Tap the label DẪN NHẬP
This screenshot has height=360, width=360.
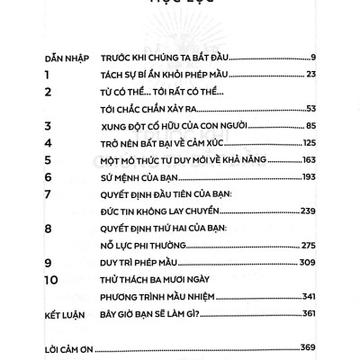[62, 58]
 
